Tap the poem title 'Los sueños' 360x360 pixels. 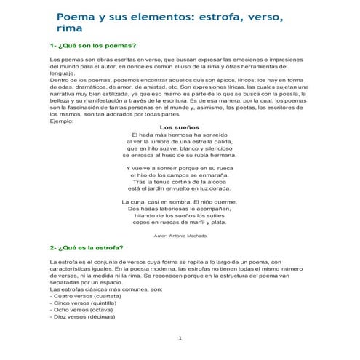[x=180, y=127]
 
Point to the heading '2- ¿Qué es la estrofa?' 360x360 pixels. [x=87, y=247]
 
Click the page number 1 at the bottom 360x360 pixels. [x=180, y=340]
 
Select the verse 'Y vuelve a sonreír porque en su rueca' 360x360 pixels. [x=180, y=168]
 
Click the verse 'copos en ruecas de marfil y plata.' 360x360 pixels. [x=180, y=222]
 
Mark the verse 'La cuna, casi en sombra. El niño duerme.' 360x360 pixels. [x=180, y=201]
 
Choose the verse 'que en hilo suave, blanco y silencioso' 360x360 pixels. [x=180, y=148]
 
